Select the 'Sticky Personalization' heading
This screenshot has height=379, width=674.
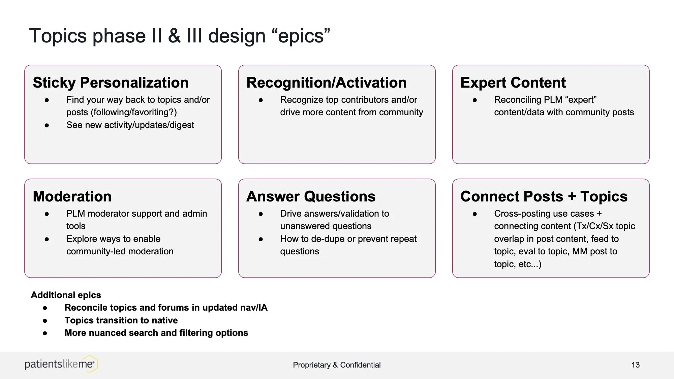pyautogui.click(x=111, y=83)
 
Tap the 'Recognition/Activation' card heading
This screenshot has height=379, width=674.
pyautogui.click(x=326, y=83)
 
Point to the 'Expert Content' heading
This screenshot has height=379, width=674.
pyautogui.click(x=513, y=83)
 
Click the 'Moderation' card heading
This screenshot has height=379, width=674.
pyautogui.click(x=72, y=196)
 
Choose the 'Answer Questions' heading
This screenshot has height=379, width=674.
pyautogui.click(x=311, y=196)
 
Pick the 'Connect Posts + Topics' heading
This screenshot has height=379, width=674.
pyautogui.click(x=544, y=196)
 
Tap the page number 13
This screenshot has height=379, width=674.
pyautogui.click(x=635, y=365)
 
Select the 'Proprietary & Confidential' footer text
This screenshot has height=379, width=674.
pyautogui.click(x=337, y=365)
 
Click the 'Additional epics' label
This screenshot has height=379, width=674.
pyautogui.click(x=66, y=295)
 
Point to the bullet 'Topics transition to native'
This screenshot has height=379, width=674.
pyautogui.click(x=121, y=320)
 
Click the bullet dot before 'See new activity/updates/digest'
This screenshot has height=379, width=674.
pyautogui.click(x=47, y=125)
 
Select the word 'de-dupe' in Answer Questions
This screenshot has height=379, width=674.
pyautogui.click(x=328, y=239)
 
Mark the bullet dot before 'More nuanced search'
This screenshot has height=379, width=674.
pyautogui.click(x=45, y=333)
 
